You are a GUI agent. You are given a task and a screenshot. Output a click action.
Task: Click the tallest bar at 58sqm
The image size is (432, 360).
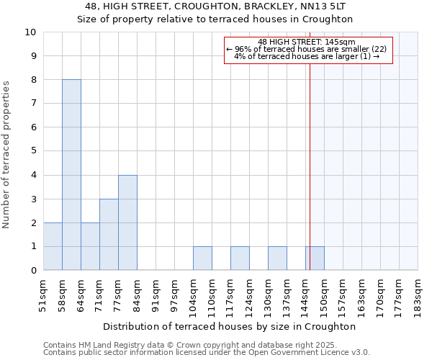click(71, 175)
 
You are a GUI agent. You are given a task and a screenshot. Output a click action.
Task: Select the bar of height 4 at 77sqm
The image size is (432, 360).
click(127, 222)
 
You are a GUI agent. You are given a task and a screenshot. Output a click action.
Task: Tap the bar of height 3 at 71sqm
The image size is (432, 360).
click(109, 235)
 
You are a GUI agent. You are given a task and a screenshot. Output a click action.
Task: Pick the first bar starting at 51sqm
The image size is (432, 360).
click(53, 246)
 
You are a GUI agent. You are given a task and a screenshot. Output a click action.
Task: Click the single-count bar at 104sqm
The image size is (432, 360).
click(202, 258)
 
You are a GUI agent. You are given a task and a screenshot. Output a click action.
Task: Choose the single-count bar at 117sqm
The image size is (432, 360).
click(240, 258)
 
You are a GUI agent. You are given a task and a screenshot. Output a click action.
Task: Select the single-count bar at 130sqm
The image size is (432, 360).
click(277, 258)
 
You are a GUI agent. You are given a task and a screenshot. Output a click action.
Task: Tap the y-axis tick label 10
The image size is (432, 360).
click(30, 32)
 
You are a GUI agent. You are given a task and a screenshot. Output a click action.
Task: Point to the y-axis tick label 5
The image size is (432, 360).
click(33, 151)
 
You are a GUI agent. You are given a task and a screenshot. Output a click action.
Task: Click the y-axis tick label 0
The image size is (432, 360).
click(33, 271)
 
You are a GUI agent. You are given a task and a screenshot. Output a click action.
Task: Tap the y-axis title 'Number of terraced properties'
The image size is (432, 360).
click(6, 155)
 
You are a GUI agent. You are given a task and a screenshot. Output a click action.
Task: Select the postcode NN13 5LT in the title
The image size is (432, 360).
click(315, 6)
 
